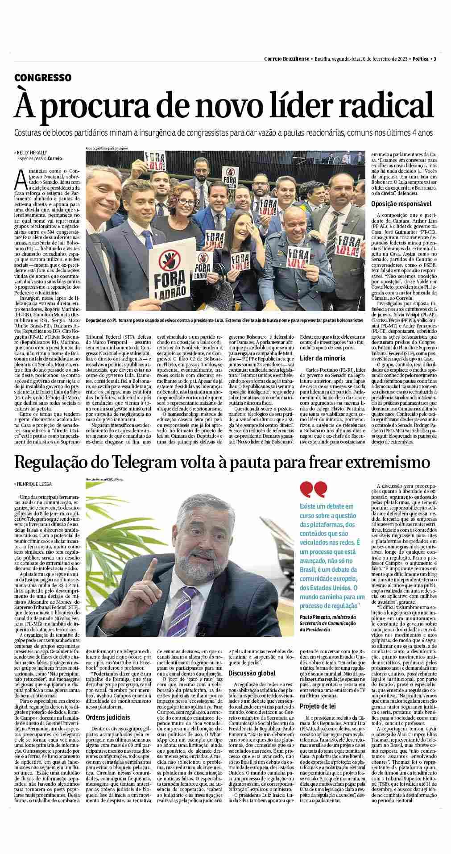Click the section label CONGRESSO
[x=43, y=78]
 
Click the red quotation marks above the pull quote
[x=314, y=490]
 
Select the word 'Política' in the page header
[x=421, y=59]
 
